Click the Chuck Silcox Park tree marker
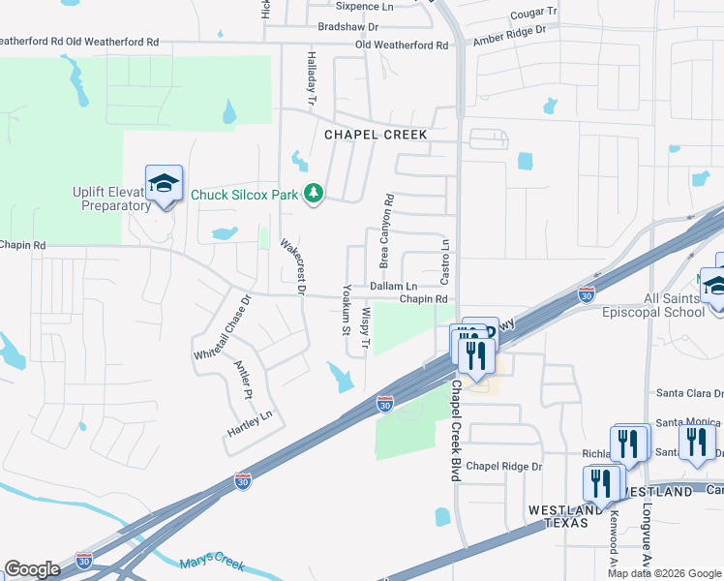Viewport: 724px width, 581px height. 313,195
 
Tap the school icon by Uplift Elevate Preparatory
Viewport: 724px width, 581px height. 164,184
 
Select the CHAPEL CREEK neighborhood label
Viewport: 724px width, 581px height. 376,136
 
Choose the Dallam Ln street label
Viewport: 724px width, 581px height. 394,287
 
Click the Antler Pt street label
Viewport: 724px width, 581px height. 243,380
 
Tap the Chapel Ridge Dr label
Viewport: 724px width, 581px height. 504,467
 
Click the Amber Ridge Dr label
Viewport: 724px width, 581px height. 510,37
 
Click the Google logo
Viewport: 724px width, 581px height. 33,569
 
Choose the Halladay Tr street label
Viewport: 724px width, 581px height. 312,78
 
